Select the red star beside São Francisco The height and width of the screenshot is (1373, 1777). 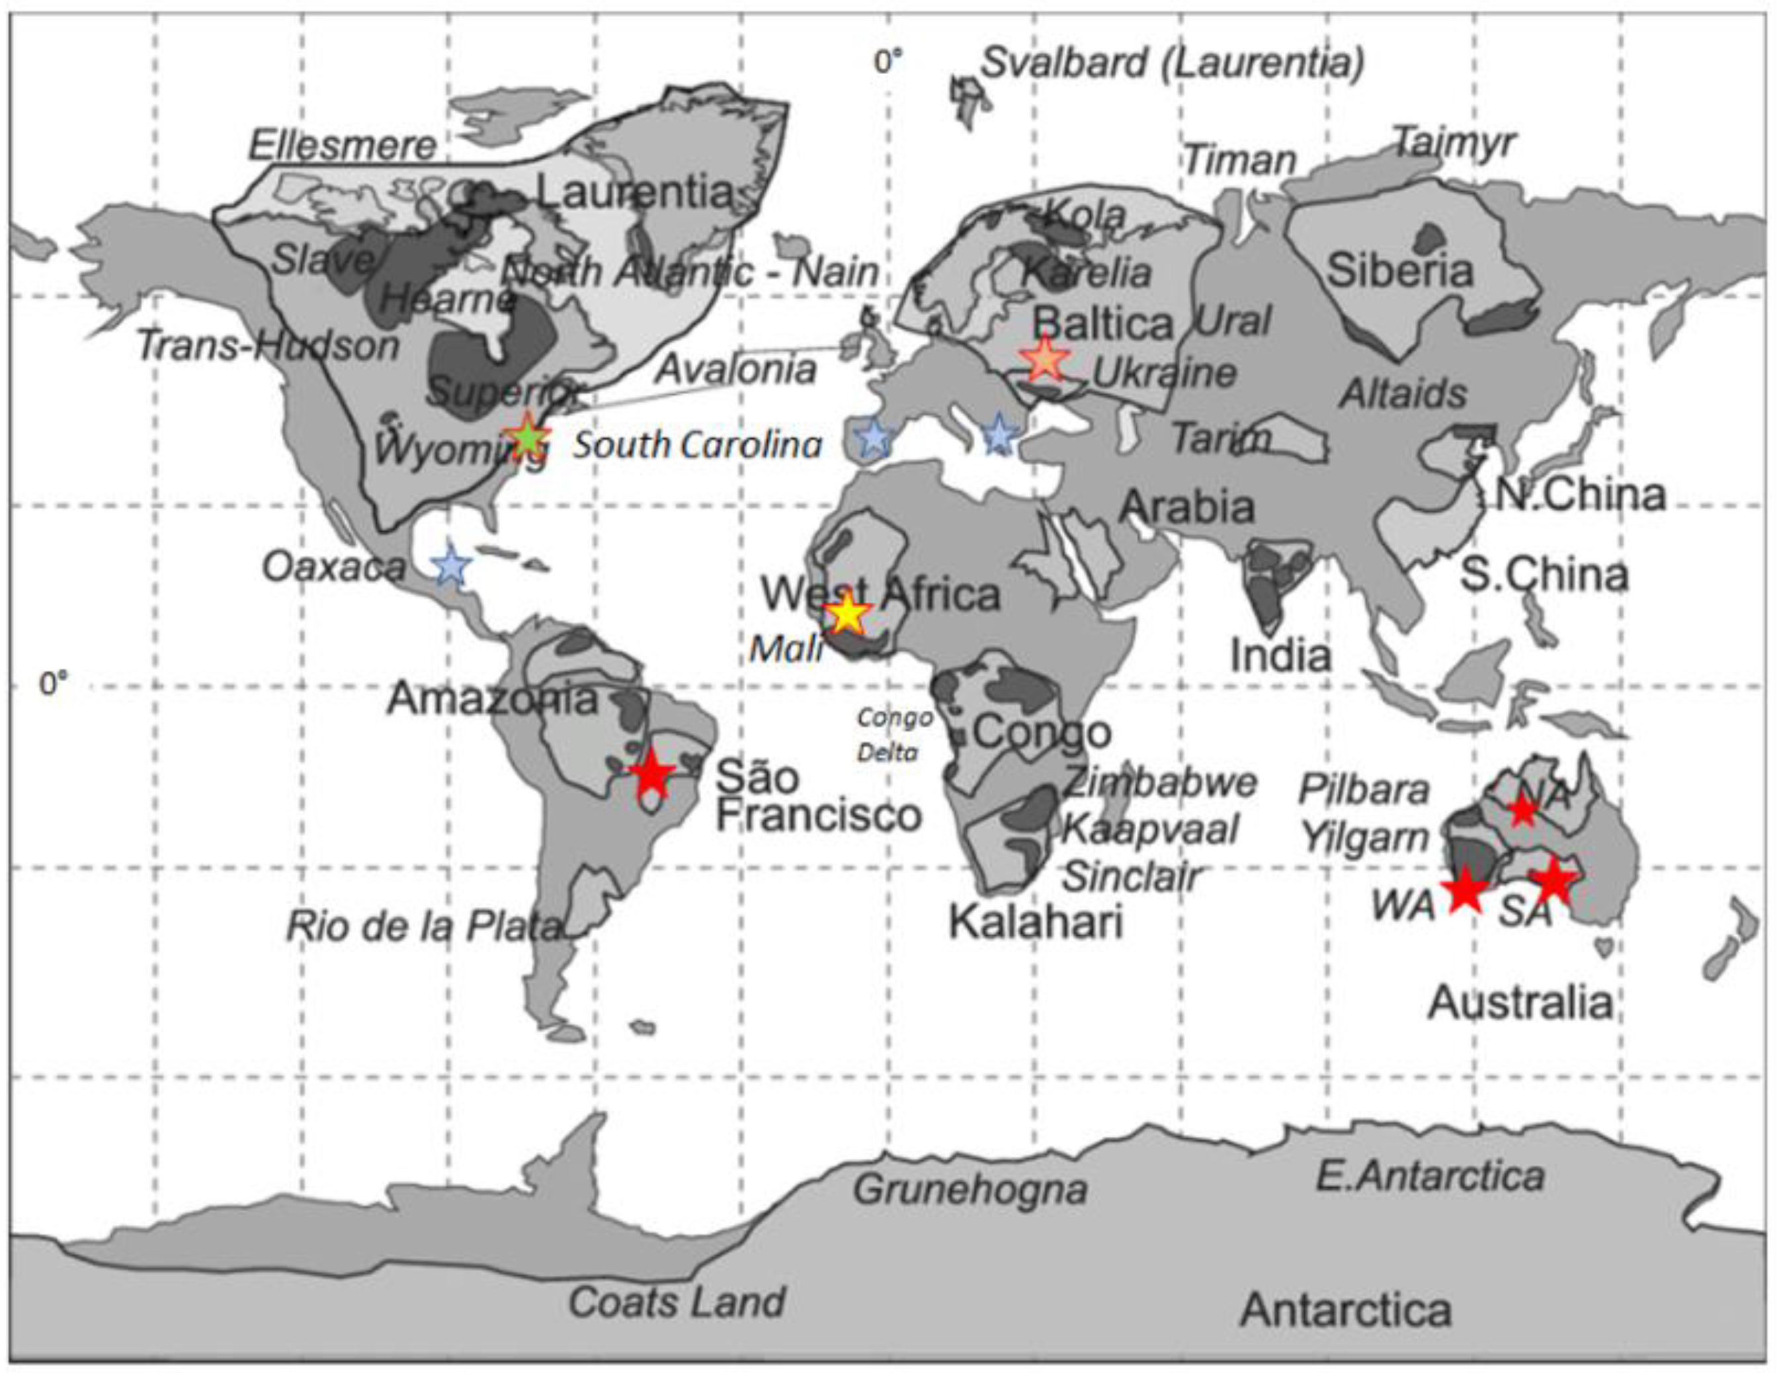click(x=651, y=774)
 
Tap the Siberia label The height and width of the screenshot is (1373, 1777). click(x=1399, y=270)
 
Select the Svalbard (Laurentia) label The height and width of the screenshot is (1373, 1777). click(x=1173, y=63)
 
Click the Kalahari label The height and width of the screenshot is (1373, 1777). click(x=1035, y=922)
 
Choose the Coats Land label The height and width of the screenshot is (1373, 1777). click(x=676, y=1302)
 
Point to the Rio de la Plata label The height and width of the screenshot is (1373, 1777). click(x=424, y=926)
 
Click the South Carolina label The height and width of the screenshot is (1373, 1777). click(x=697, y=445)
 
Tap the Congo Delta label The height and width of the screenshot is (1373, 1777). click(x=893, y=735)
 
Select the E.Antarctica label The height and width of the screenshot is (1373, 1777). click(x=1430, y=1176)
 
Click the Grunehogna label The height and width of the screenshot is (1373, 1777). click(x=970, y=1189)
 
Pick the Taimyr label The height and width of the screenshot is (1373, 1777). click(x=1455, y=144)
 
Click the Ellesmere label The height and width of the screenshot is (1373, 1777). click(x=342, y=147)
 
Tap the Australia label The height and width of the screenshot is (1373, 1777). click(x=1520, y=1002)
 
